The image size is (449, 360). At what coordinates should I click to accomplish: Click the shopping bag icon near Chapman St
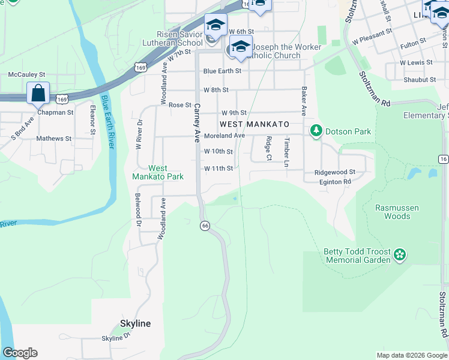click(38, 94)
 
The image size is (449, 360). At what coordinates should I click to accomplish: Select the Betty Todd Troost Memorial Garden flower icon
click(400, 256)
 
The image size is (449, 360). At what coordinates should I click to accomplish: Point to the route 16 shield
click(443, 158)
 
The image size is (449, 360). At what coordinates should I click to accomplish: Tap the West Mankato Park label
click(158, 173)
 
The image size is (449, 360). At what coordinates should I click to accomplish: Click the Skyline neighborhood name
click(135, 323)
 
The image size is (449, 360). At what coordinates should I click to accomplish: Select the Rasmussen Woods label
click(397, 212)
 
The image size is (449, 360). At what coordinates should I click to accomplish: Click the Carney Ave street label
click(196, 122)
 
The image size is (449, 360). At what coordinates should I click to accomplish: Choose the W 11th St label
click(218, 169)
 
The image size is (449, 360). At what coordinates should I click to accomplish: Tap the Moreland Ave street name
click(224, 136)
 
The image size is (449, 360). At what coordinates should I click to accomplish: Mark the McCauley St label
click(26, 74)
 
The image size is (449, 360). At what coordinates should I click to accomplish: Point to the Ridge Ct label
click(269, 148)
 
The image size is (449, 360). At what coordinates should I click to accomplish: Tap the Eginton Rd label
click(334, 181)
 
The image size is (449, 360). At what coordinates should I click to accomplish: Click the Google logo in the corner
click(20, 353)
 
